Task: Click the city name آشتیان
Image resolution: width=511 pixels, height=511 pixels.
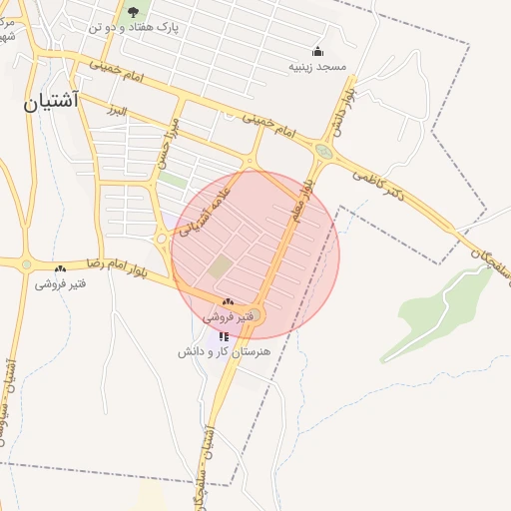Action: tap(52, 102)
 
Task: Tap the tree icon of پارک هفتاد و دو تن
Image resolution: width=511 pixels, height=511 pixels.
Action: tap(133, 12)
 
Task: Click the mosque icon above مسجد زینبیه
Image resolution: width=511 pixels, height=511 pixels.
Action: tap(318, 51)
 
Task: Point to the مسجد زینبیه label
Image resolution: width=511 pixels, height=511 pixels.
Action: tap(317, 67)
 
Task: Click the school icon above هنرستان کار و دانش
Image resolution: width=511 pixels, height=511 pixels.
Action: tap(223, 336)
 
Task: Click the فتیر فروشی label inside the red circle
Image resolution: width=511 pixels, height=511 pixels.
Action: tap(231, 316)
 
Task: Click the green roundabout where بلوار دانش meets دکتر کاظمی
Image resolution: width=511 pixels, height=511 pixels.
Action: tap(322, 152)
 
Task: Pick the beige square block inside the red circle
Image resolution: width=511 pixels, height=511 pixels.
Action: tap(220, 267)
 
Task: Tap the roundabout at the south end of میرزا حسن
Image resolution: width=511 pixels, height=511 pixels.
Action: tap(161, 238)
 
